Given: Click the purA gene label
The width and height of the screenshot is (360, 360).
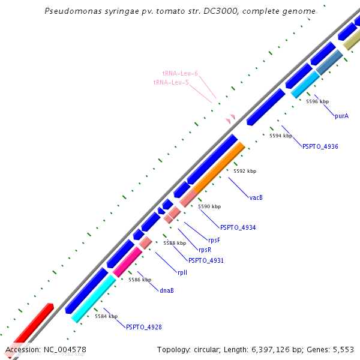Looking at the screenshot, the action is click(x=341, y=116).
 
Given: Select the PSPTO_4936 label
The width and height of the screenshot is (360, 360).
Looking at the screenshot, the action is click(x=320, y=146).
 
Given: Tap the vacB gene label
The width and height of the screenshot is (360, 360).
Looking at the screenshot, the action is click(x=256, y=197).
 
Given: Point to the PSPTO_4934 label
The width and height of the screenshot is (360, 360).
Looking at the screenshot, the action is click(x=238, y=228).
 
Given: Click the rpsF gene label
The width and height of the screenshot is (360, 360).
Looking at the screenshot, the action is click(x=214, y=241).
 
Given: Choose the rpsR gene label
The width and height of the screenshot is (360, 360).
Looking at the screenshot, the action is click(x=205, y=250).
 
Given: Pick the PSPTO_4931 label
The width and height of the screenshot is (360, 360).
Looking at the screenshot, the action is click(x=206, y=260).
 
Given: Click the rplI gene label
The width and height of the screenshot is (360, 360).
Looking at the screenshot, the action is click(x=182, y=272).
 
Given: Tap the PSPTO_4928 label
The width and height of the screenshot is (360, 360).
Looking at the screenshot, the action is click(x=143, y=327).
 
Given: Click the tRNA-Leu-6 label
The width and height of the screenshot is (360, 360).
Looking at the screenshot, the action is click(x=180, y=73).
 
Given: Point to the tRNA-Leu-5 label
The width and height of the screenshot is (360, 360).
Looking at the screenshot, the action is click(x=171, y=82).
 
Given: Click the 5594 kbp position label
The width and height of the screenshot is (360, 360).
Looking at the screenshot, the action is click(x=280, y=136).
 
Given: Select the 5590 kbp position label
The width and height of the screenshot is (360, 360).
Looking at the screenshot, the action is click(x=209, y=206).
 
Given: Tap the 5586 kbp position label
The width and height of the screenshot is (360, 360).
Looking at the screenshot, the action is click(x=140, y=280).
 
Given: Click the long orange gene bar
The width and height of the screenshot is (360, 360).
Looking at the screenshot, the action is click(x=218, y=167).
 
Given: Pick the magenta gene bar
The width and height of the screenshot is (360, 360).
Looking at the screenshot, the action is click(x=127, y=262).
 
